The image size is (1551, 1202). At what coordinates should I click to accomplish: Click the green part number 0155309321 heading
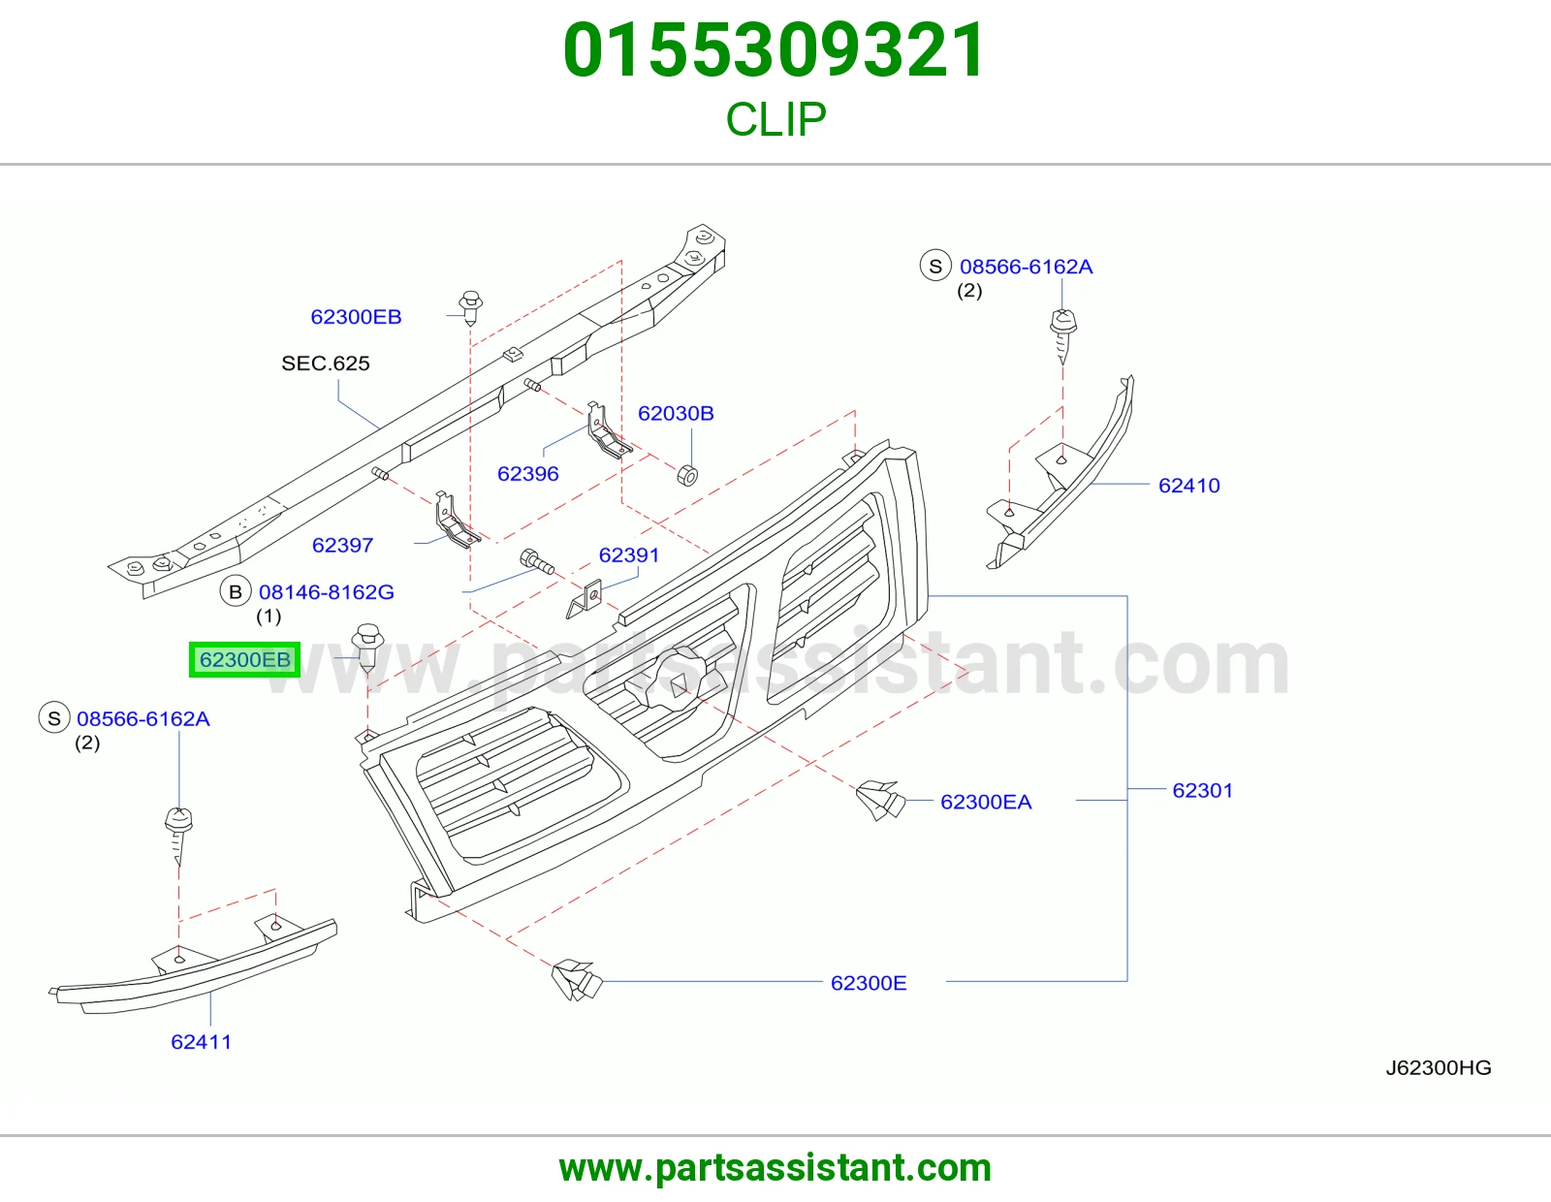pos(775,50)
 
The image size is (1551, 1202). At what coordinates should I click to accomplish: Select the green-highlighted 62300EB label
pos(245,659)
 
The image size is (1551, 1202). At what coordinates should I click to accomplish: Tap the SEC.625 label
pos(326,364)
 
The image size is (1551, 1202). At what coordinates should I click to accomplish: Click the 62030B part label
pos(676,413)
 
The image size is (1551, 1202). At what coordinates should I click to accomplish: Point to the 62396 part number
pos(527,473)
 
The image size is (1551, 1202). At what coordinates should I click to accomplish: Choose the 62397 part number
pos(342,545)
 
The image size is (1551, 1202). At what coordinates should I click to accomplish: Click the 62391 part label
pos(629,554)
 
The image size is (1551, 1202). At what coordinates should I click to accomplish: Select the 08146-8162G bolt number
pos(326,591)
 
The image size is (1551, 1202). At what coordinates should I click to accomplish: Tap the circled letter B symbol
pos(236,591)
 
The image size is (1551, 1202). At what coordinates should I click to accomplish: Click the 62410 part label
pos(1189,486)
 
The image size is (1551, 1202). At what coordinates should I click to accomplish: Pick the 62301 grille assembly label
pos(1203,790)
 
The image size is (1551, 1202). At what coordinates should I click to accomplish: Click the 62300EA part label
pos(986,802)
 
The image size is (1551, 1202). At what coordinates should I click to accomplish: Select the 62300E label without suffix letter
pos(869,983)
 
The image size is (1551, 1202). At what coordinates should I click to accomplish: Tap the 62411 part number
pos(202,1041)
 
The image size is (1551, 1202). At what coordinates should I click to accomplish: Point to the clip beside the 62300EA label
pos(880,800)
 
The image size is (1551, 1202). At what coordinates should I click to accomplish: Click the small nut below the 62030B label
pos(687,475)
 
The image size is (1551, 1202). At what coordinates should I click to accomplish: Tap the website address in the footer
pos(775,1168)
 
